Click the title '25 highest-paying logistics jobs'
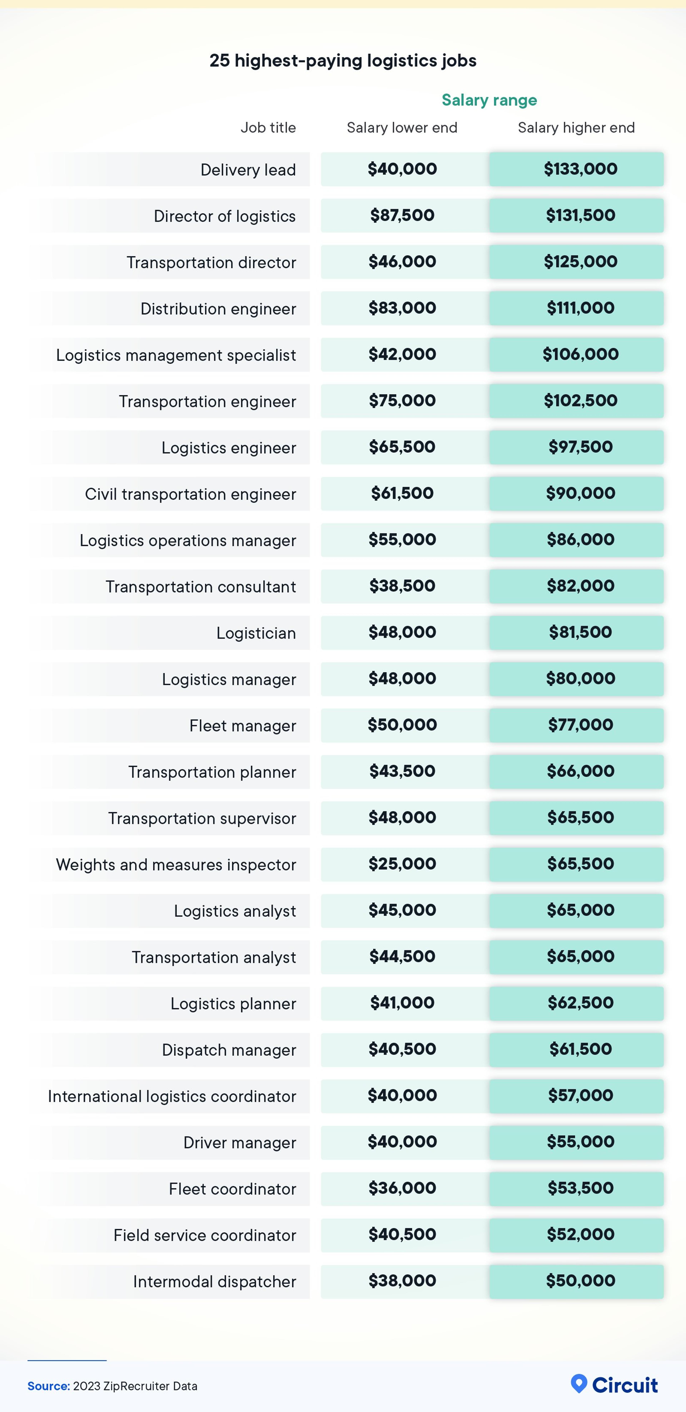pyautogui.click(x=343, y=60)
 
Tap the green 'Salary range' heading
pyautogui.click(x=489, y=100)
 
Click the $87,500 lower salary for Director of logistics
pyautogui.click(x=402, y=215)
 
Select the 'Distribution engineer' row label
pyautogui.click(x=218, y=309)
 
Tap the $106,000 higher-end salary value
pyautogui.click(x=580, y=354)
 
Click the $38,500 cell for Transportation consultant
pyautogui.click(x=402, y=586)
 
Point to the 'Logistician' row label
pyautogui.click(x=256, y=633)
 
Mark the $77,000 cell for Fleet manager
pyautogui.click(x=580, y=725)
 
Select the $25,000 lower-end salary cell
pyautogui.click(x=402, y=864)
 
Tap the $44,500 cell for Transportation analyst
pyautogui.click(x=402, y=956)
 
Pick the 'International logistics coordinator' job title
pyautogui.click(x=172, y=1096)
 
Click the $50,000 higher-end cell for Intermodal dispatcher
pyautogui.click(x=580, y=1281)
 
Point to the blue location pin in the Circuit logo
pyautogui.click(x=579, y=1384)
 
